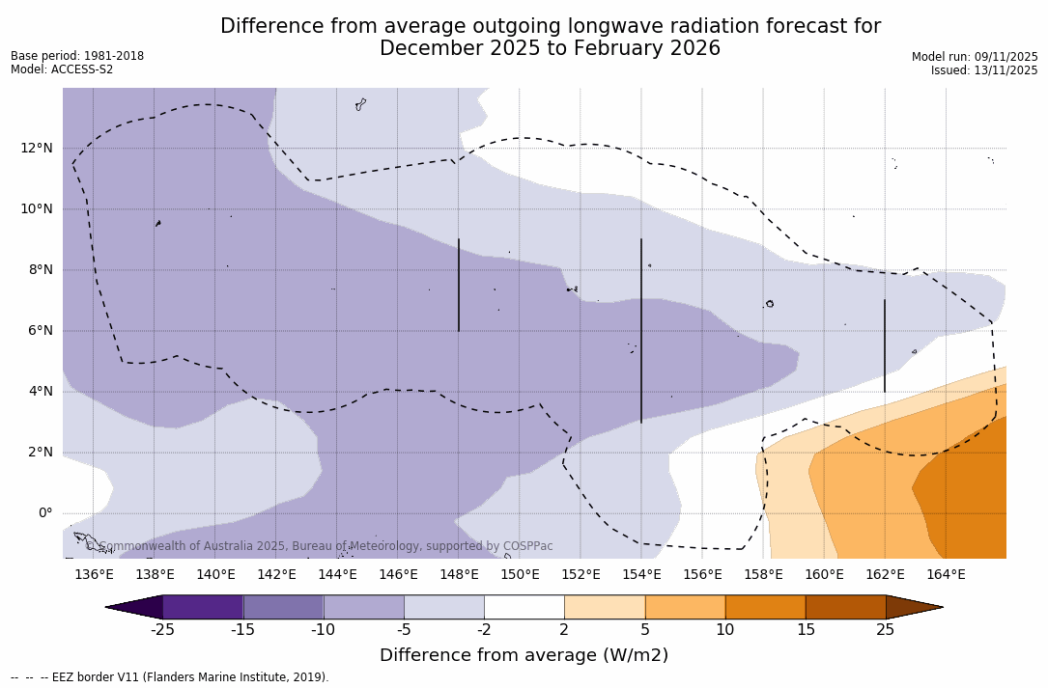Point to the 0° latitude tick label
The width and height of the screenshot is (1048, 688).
pyautogui.click(x=44, y=512)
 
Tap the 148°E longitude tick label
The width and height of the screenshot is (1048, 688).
pyautogui.click(x=459, y=575)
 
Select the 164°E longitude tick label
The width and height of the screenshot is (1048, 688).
pyautogui.click(x=946, y=575)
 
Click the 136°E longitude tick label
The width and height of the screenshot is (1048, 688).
pyautogui.click(x=94, y=575)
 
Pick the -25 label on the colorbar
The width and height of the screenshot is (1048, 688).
pyautogui.click(x=162, y=630)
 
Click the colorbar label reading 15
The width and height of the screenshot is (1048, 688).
pyautogui.click(x=806, y=630)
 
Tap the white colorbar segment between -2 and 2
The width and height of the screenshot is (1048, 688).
pyautogui.click(x=524, y=607)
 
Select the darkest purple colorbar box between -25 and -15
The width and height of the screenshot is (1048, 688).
pyautogui.click(x=203, y=607)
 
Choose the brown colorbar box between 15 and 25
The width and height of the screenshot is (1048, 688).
pyautogui.click(x=845, y=607)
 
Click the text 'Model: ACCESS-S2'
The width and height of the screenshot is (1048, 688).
pyautogui.click(x=62, y=69)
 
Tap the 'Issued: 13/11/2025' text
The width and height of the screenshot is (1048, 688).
pyautogui.click(x=984, y=70)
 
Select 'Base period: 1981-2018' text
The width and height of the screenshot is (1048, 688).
pyautogui.click(x=77, y=56)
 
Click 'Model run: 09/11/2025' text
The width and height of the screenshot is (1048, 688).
pyautogui.click(x=975, y=57)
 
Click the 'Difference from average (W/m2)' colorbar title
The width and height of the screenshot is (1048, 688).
pyautogui.click(x=524, y=655)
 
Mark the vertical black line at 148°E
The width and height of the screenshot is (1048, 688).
pyautogui.click(x=459, y=285)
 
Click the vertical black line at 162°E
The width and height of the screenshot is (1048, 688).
pyautogui.click(x=885, y=345)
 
